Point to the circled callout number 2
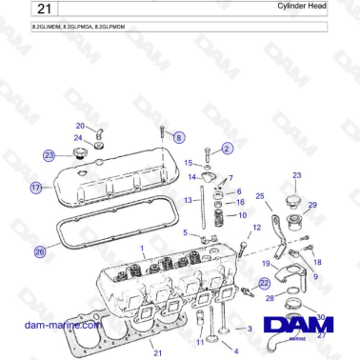pos(227,149)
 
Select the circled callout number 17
pos(35,189)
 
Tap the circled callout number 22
pos(266,283)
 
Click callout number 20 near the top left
pos(81,126)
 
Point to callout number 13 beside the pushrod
pos(190,200)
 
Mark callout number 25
pos(259,195)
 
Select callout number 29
pos(312,205)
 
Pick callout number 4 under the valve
pos(234,350)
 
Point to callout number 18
pos(317,261)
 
